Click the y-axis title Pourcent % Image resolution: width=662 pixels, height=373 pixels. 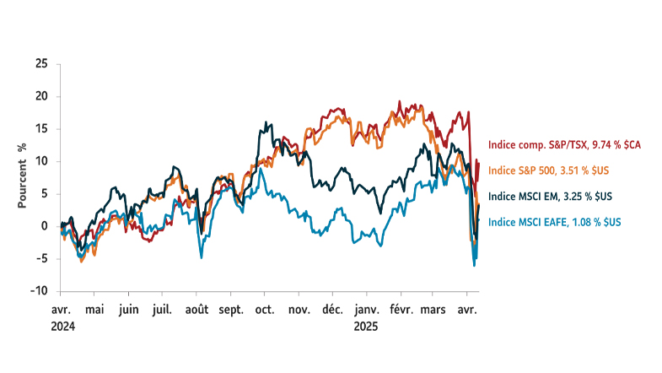pos(23,176)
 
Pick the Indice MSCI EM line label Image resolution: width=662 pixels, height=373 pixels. pos(550,197)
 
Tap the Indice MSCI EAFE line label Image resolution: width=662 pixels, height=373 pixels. pos(555,222)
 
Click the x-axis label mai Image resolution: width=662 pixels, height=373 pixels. pos(94,310)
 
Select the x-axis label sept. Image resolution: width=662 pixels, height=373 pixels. pos(230,310)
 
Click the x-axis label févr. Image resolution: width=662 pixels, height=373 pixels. pos(401,310)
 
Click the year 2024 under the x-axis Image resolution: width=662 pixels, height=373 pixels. pos(62,325)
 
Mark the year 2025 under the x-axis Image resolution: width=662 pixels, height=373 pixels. pos(367,325)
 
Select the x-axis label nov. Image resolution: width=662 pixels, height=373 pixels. pos(299,310)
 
